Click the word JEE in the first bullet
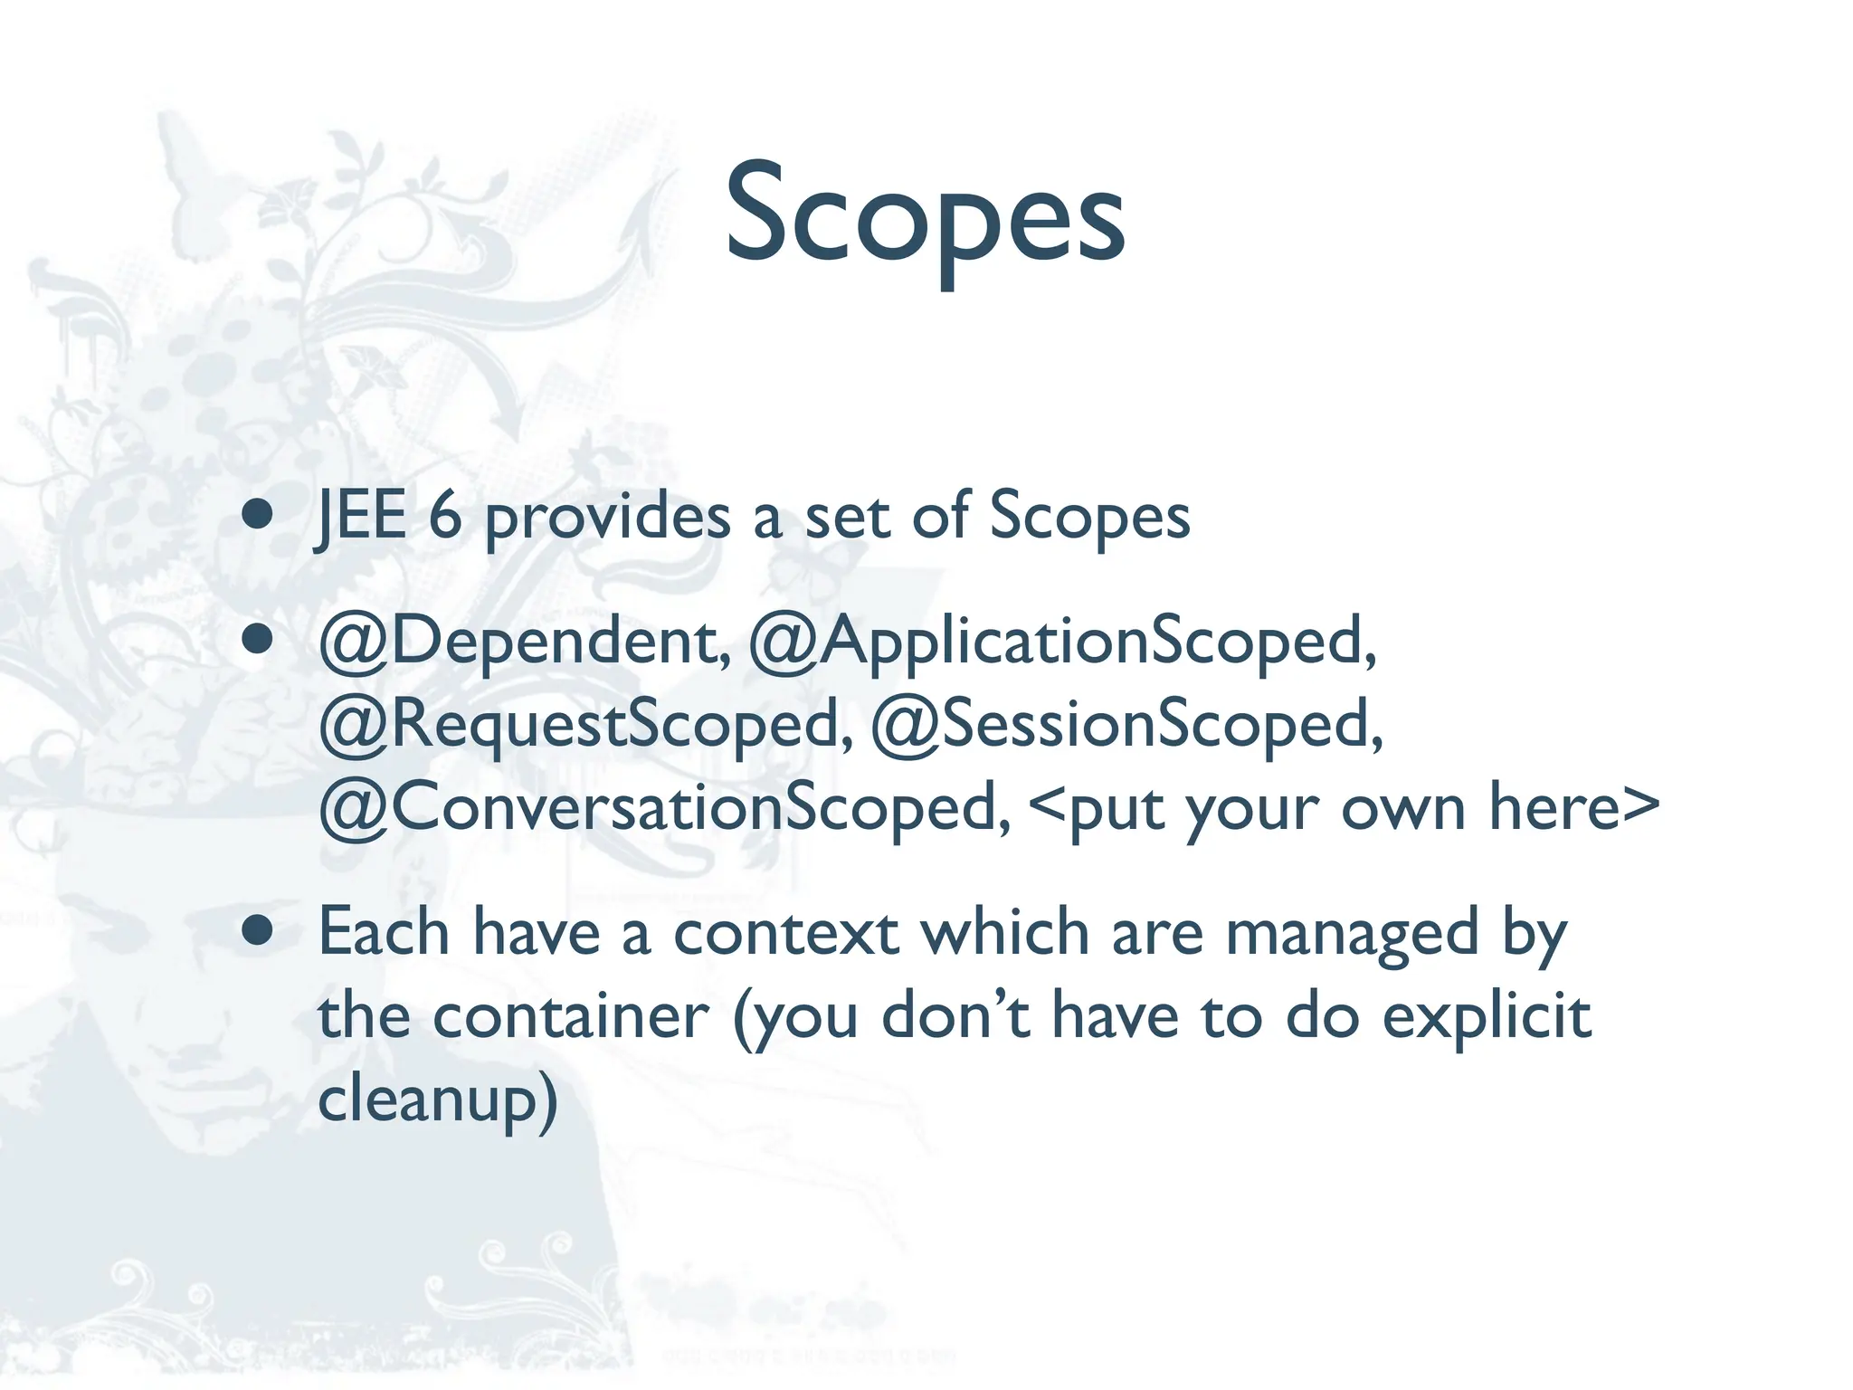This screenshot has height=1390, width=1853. [x=360, y=517]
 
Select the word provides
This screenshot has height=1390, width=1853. [x=608, y=519]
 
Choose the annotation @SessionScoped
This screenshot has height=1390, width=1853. [x=1126, y=725]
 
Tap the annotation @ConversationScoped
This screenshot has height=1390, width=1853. [x=665, y=808]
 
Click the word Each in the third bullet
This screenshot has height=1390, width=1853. [x=384, y=932]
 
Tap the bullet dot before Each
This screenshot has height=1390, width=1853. [x=258, y=931]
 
